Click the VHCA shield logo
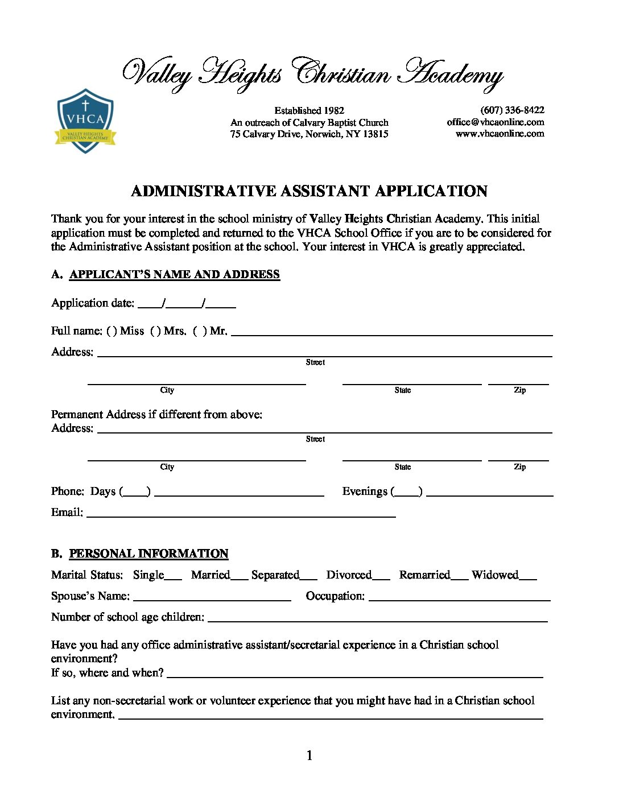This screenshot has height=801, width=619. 85,121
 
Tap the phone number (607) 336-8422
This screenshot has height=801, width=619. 512,110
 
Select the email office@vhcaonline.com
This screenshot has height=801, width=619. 495,122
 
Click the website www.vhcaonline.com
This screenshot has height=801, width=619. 500,134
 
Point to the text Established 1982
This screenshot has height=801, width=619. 309,110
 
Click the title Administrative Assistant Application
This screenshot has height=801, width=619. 309,191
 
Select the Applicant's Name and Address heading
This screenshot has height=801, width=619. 174,275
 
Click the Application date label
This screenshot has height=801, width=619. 93,303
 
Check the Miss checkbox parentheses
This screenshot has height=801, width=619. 112,331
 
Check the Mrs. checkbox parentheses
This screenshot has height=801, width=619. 155,331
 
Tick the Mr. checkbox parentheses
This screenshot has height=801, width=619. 200,331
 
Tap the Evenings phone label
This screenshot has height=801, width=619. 365,492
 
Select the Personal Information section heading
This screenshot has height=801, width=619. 148,554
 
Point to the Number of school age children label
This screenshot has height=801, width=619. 127,617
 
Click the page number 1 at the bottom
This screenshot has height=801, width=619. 309,756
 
